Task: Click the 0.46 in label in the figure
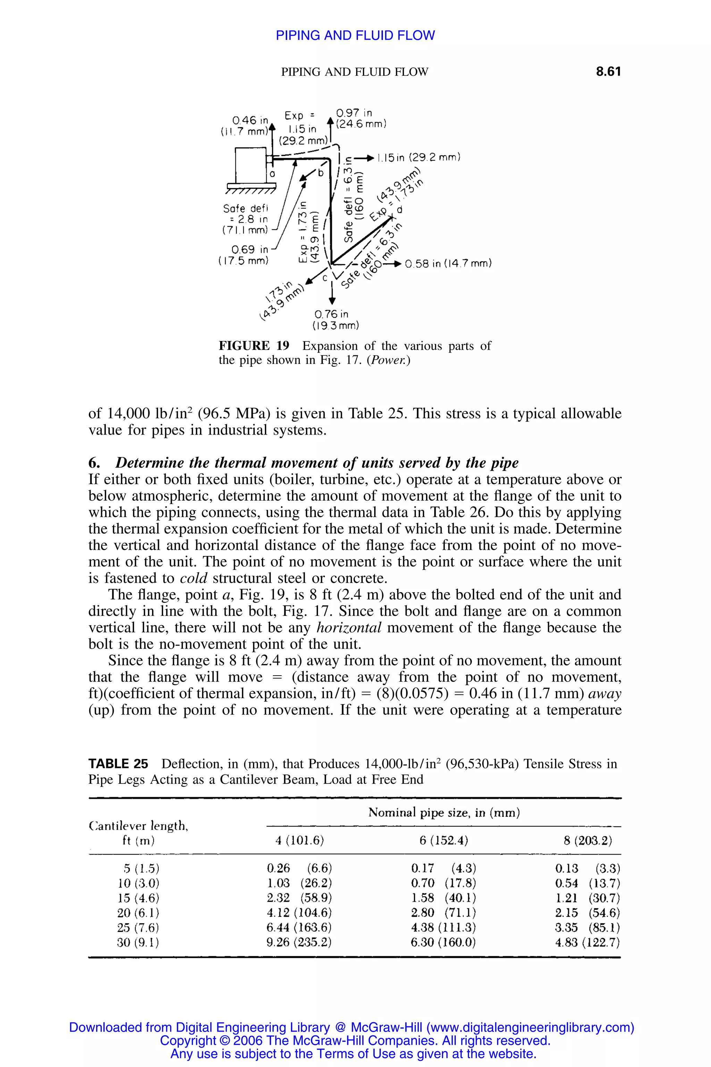click(x=250, y=120)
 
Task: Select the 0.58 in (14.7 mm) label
click(x=447, y=264)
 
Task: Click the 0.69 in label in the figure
click(x=249, y=249)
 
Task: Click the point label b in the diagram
click(x=321, y=173)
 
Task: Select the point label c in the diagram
click(x=325, y=278)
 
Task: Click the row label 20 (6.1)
click(x=138, y=912)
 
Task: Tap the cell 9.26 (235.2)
click(x=299, y=942)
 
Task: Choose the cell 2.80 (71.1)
click(x=443, y=912)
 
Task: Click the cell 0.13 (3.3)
click(x=587, y=868)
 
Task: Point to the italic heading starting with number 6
click(x=303, y=462)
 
